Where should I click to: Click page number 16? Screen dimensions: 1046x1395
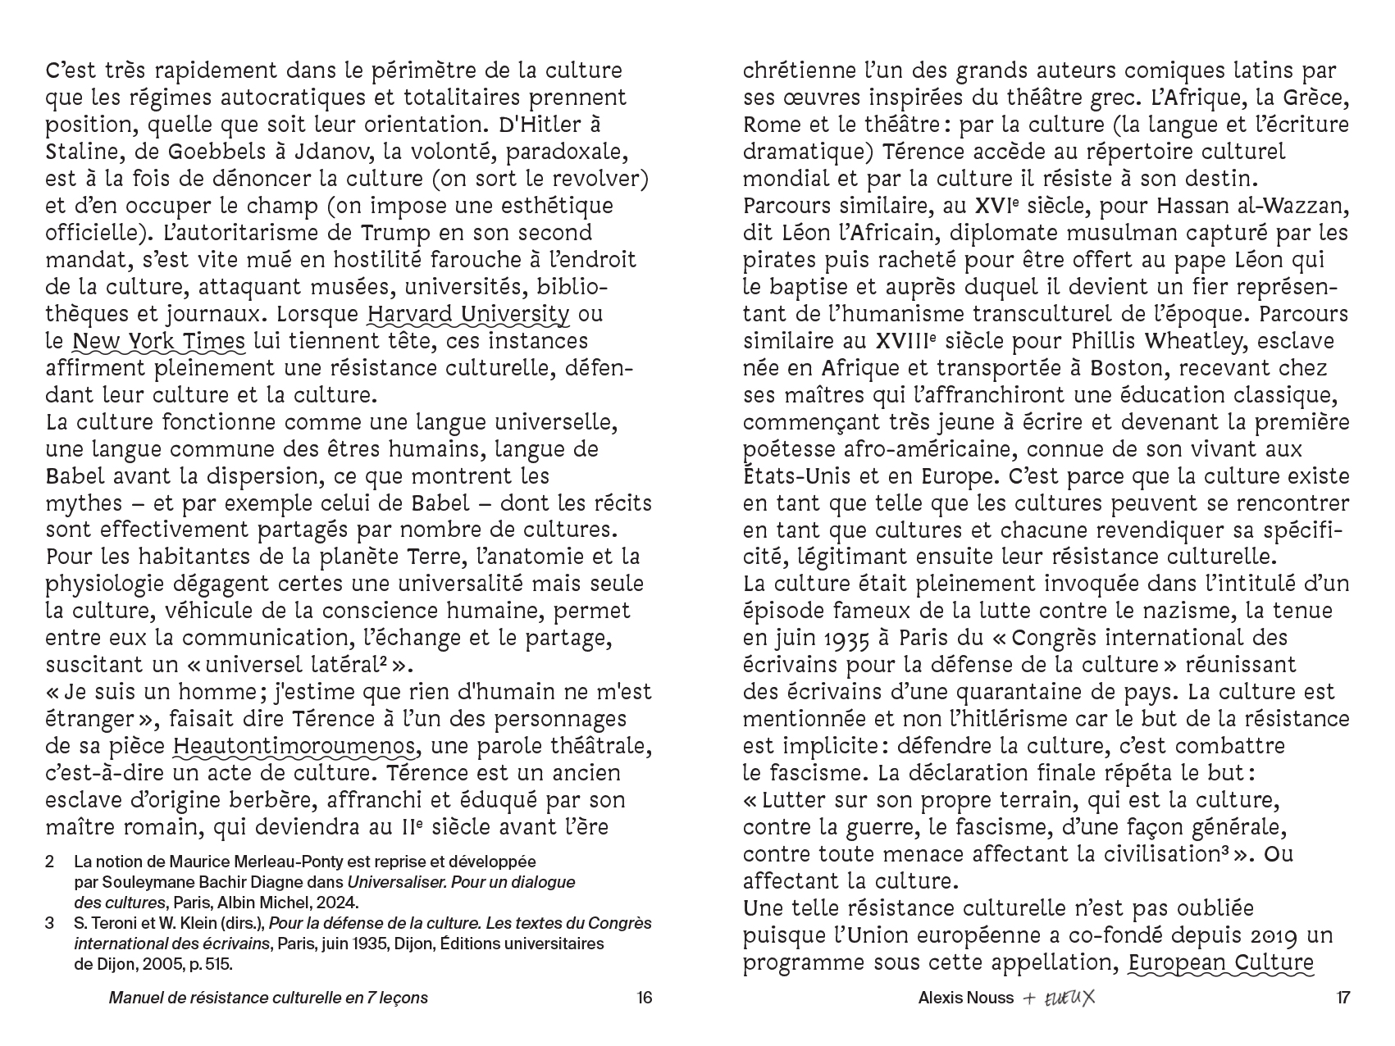click(644, 998)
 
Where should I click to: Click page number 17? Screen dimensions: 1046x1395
click(1343, 998)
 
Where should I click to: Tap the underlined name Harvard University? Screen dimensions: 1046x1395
click(467, 314)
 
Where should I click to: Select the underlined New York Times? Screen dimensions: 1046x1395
click(158, 341)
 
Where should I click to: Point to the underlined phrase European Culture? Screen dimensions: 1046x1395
click(1221, 963)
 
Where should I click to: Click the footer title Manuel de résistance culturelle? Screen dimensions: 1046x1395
click(268, 998)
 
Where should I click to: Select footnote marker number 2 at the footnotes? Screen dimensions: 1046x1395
click(50, 862)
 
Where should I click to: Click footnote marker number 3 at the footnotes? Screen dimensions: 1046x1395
click(50, 924)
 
